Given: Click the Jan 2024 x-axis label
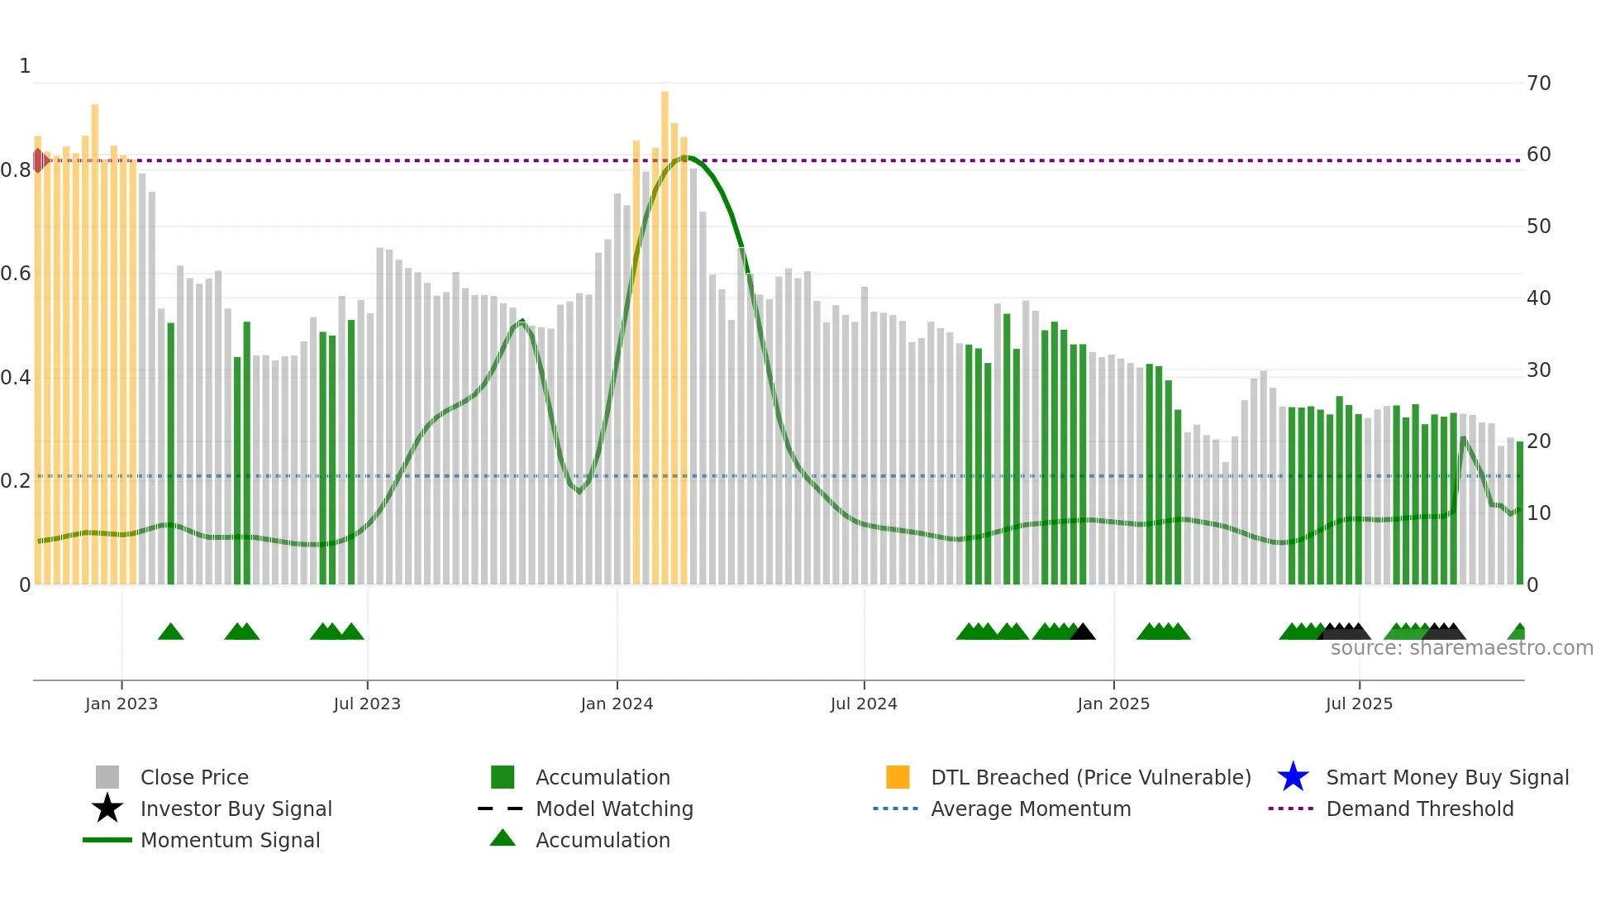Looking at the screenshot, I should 617,704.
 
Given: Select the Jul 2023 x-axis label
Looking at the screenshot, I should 367,704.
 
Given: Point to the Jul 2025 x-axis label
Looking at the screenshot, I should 1359,704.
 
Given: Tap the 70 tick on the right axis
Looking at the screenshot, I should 1538,83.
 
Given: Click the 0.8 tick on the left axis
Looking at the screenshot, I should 16,170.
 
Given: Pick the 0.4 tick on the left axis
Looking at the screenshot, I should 16,378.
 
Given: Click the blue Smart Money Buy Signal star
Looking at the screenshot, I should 1293,777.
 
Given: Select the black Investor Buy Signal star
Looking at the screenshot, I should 107,808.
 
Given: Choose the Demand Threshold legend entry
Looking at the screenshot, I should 1419,808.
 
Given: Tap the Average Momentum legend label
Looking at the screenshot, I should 1030,808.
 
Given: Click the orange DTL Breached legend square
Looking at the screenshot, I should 898,777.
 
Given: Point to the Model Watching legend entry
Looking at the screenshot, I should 613,808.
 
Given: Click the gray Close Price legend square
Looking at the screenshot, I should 107,777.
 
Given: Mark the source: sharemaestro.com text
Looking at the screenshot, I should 1461,648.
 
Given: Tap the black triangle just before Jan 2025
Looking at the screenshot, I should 1083,632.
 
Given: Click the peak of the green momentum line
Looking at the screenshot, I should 686,157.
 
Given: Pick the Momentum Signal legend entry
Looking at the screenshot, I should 229,840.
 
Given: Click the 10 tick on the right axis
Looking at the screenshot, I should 1538,513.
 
